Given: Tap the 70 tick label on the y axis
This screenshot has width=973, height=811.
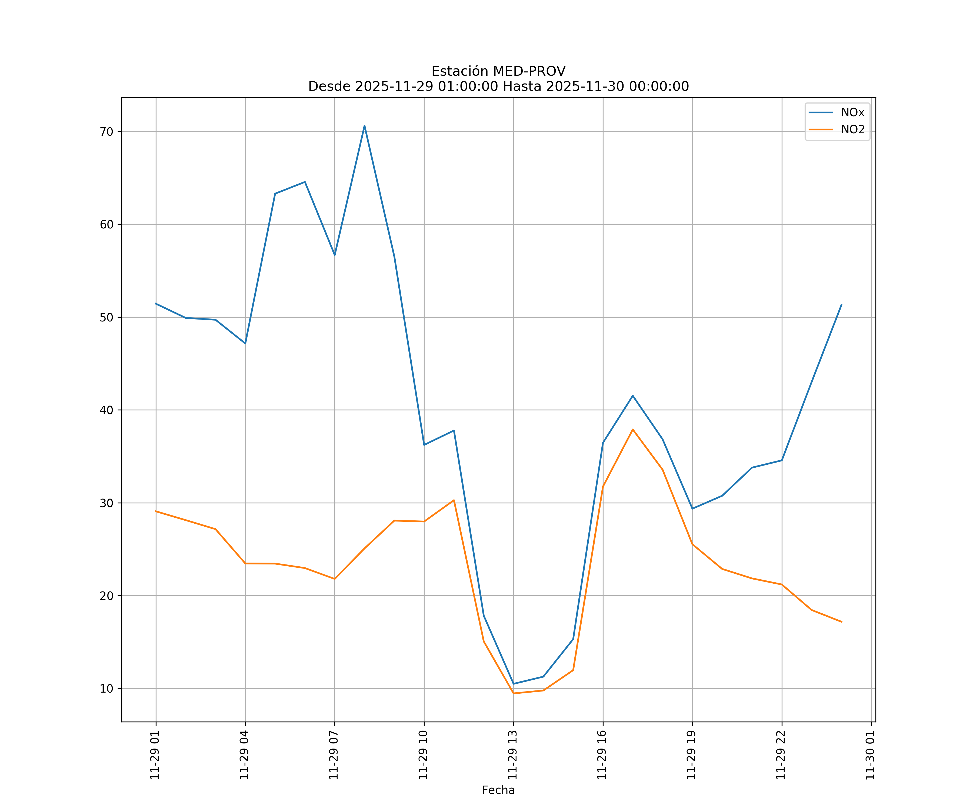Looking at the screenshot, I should click(106, 132).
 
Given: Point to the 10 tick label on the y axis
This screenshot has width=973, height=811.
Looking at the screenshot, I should click(106, 689).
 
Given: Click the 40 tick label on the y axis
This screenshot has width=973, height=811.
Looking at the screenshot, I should click(106, 410).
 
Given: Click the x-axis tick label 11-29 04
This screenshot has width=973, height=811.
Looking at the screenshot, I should click(245, 755).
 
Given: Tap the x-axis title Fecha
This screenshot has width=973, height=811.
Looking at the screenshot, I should click(498, 790).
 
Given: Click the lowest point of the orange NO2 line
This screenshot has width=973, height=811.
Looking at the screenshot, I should click(513, 693).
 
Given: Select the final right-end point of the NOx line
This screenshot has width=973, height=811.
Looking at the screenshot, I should click(841, 305).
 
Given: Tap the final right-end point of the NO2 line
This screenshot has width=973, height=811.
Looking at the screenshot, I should click(841, 622).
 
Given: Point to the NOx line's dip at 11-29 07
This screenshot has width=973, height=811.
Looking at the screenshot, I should click(335, 255).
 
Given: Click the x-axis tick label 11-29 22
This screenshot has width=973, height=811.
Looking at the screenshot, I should click(781, 755).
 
